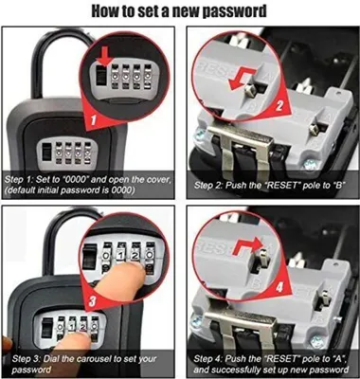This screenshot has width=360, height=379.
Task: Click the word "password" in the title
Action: (234, 11)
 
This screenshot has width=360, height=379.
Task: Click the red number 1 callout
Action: (93, 119)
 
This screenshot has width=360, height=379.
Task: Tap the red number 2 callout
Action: (279, 106)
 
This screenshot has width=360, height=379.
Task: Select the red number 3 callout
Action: (92, 300)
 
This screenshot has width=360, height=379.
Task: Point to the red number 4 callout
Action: (279, 288)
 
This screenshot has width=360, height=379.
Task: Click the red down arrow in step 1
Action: (105, 56)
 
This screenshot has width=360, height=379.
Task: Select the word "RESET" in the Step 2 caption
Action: (282, 185)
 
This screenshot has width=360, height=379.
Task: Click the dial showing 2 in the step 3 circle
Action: (135, 256)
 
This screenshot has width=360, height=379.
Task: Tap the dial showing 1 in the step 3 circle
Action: (120, 256)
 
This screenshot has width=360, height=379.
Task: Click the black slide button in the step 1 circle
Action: (100, 75)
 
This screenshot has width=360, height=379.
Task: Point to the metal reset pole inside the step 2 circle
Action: (250, 89)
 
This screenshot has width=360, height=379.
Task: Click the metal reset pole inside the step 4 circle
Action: (263, 257)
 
